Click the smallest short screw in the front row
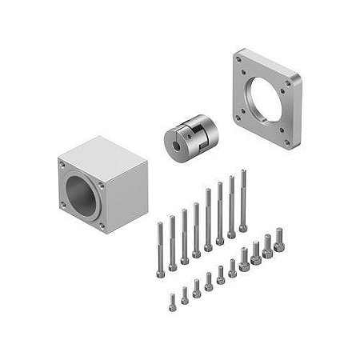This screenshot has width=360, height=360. click(171, 302)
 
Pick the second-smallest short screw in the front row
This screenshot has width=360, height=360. click(184, 296)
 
